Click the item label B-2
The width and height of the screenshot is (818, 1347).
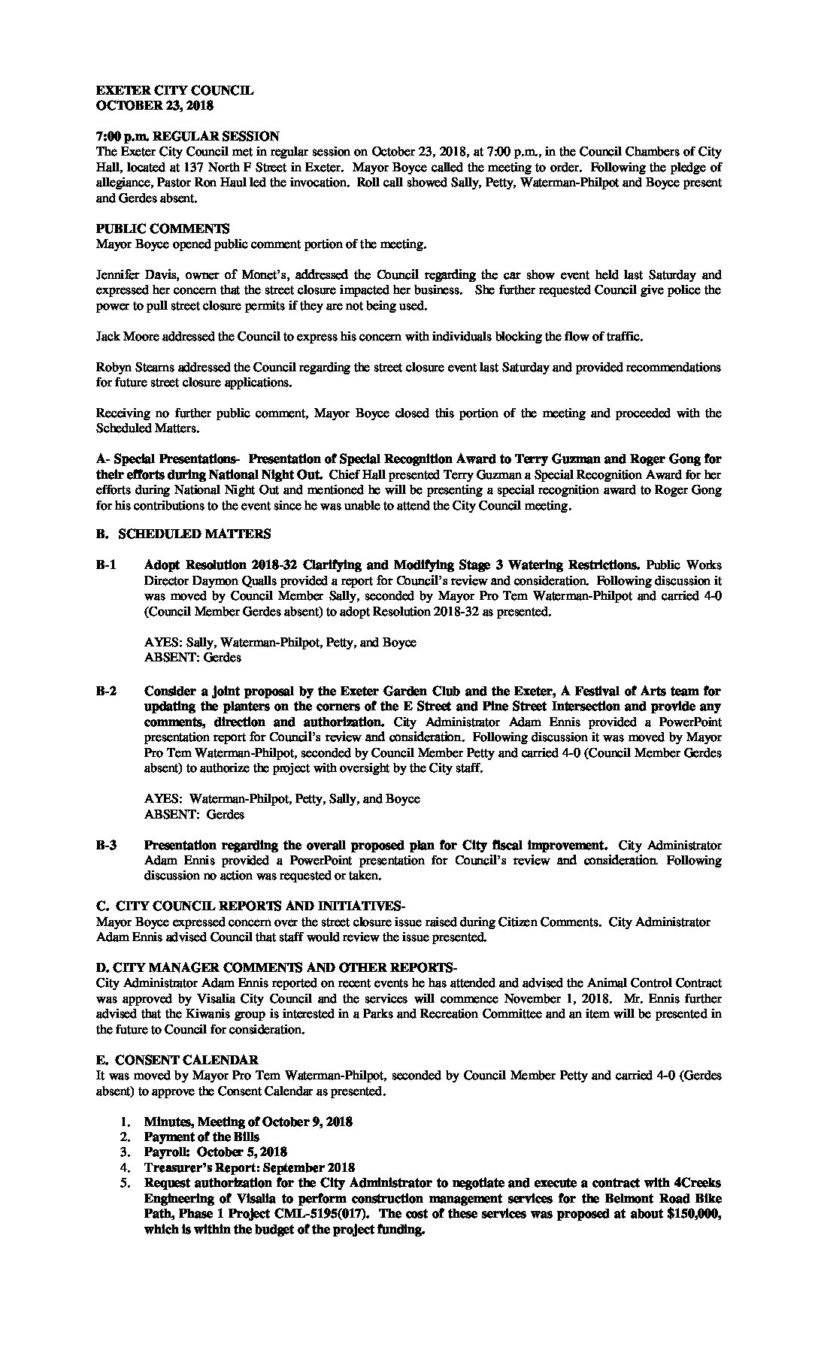(x=106, y=691)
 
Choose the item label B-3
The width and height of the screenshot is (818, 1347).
(x=106, y=846)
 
